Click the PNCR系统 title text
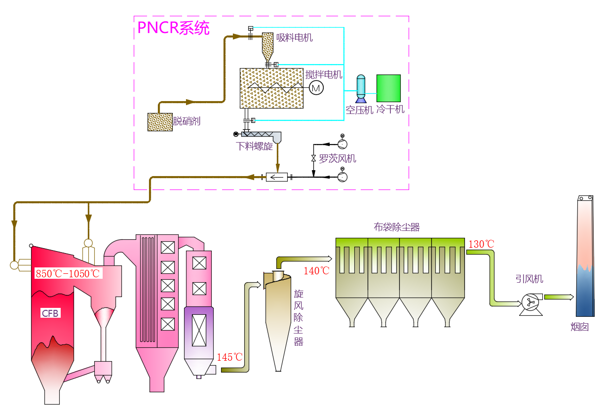173,28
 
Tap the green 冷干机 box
388,88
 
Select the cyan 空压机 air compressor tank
361,87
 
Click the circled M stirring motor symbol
316,88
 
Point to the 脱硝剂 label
187,121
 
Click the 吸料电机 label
294,37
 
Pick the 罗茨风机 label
338,159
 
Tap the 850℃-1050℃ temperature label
68,273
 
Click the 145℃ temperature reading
229,357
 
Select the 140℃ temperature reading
316,270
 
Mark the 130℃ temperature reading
481,244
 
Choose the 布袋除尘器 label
396,227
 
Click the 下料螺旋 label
255,146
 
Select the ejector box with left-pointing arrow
277,177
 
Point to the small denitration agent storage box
160,122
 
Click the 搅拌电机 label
324,75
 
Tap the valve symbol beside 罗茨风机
313,158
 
